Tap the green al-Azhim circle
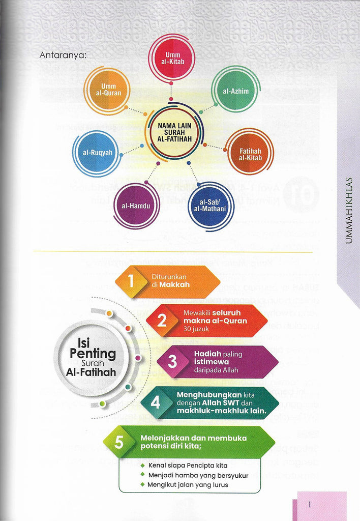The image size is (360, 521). click(x=235, y=91)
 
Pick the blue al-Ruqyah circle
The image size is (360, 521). click(x=97, y=152)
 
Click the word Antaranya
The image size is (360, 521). click(x=63, y=55)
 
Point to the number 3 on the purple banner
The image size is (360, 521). click(x=172, y=362)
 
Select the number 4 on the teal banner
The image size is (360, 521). click(x=155, y=402)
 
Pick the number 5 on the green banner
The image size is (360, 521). click(x=118, y=442)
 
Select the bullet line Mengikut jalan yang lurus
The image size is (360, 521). click(x=188, y=484)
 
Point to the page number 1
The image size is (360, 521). click(x=310, y=505)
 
